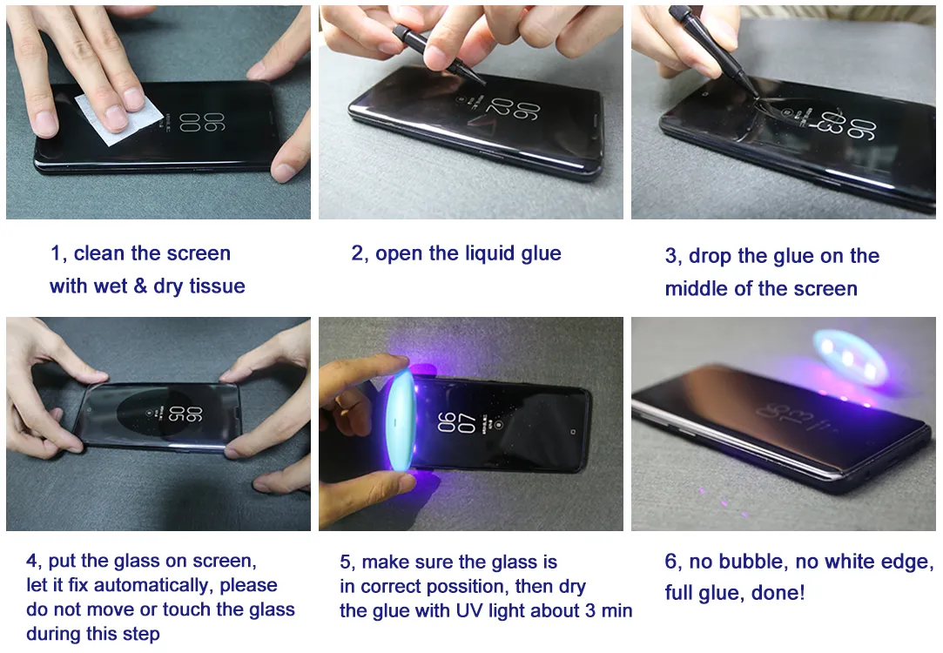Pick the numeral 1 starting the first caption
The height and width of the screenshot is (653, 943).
(x=56, y=253)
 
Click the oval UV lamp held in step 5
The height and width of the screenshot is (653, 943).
(x=398, y=421)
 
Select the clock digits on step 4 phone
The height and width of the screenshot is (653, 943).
(x=185, y=413)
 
